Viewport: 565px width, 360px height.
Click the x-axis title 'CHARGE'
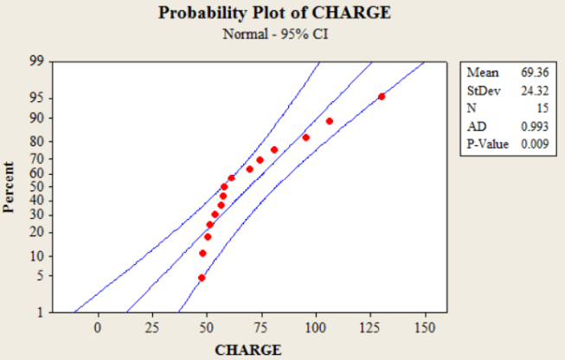[247, 350]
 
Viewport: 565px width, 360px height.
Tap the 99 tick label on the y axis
[35, 62]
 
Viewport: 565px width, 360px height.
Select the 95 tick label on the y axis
[35, 99]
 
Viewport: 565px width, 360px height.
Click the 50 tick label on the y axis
[35, 187]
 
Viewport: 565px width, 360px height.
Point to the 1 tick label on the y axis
[39, 312]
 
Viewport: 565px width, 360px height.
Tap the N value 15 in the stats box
[542, 108]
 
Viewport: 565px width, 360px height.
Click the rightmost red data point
[382, 97]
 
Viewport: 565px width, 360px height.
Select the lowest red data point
[202, 278]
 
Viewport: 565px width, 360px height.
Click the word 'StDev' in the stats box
[482, 90]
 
